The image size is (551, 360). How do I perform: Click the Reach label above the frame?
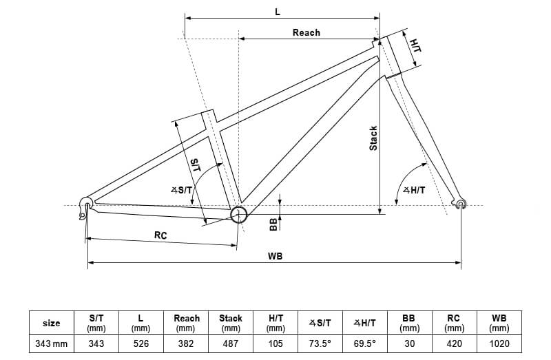click(x=306, y=32)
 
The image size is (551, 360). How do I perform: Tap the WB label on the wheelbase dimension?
click(x=275, y=256)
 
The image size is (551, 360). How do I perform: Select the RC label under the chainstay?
click(x=160, y=235)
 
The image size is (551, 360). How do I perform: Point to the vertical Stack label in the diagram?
click(x=373, y=138)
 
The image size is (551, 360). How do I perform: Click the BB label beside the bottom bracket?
click(x=273, y=223)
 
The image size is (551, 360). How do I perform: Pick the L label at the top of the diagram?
click(x=278, y=12)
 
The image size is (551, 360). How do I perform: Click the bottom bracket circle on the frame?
click(x=238, y=214)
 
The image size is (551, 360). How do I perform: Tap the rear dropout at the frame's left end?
click(x=86, y=203)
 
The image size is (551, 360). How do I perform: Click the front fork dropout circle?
click(x=461, y=203)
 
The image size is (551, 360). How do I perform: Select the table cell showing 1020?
click(x=499, y=343)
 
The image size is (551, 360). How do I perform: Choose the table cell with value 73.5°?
click(x=320, y=343)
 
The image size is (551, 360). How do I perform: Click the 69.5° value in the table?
click(x=364, y=343)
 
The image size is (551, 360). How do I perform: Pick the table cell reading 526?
click(x=141, y=343)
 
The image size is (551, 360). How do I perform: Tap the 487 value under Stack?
click(x=231, y=343)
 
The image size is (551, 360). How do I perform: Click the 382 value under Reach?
click(x=187, y=343)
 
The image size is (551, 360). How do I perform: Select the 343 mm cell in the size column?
click(x=52, y=343)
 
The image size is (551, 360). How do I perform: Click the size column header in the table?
click(x=52, y=323)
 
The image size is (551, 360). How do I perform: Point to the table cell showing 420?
click(x=453, y=343)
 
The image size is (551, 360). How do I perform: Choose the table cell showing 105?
click(x=275, y=343)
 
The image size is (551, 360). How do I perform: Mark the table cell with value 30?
click(x=408, y=343)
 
